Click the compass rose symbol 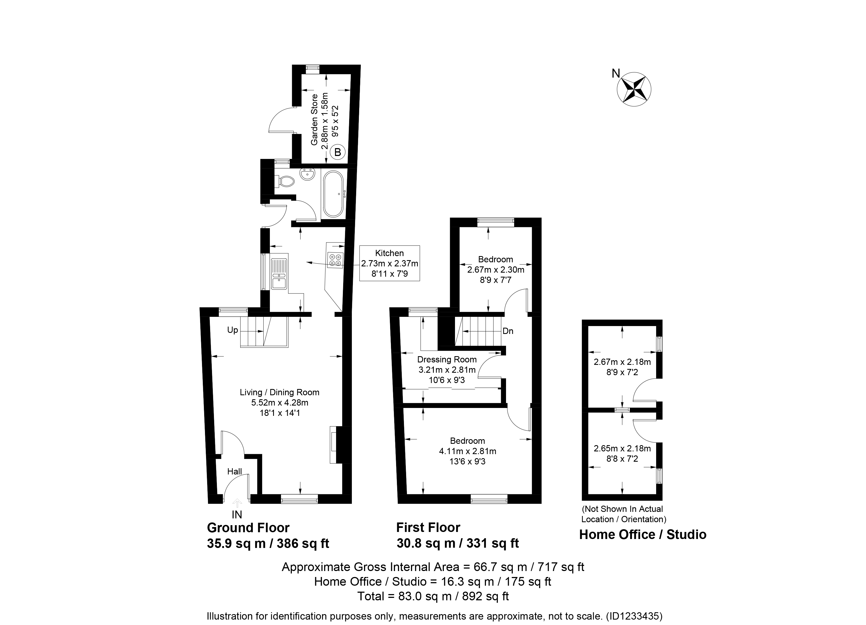click(634, 89)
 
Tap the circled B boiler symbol click(337, 152)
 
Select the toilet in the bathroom click(285, 181)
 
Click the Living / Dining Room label click(280, 392)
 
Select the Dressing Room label click(447, 359)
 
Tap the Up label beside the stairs click(233, 330)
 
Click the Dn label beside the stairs click(508, 331)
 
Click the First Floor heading click(428, 527)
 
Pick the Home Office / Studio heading click(643, 535)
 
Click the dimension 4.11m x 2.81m click(467, 451)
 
